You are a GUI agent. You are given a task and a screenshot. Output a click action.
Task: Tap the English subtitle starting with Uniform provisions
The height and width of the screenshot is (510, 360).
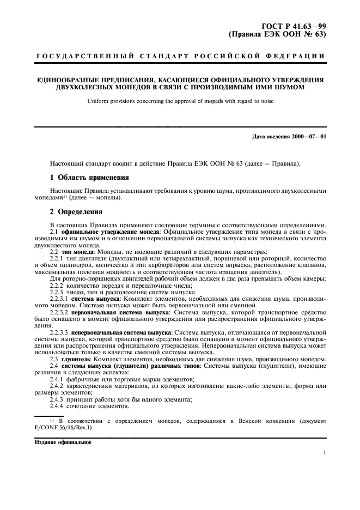tap(180, 101)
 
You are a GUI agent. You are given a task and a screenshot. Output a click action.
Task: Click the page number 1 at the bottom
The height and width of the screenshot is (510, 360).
tap(325, 452)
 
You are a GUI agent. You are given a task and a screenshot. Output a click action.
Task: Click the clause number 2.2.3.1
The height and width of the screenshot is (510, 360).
tap(59, 299)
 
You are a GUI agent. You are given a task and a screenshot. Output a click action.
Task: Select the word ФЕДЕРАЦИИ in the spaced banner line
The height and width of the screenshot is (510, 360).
tap(299, 57)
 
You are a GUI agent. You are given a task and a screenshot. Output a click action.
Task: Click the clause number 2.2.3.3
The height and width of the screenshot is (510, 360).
tap(59, 331)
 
